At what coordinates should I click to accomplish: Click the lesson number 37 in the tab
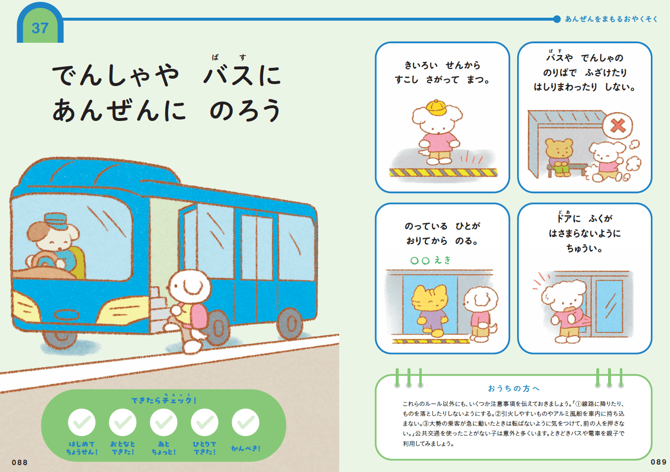[x=40, y=28]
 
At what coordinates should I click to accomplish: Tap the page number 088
[x=20, y=463]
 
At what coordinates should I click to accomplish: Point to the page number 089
[x=658, y=462]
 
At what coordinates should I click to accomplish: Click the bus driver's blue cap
[x=57, y=221]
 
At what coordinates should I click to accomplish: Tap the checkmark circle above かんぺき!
[x=246, y=422]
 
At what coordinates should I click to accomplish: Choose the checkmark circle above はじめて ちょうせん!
[x=82, y=422]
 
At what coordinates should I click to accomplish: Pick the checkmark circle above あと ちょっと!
[x=164, y=422]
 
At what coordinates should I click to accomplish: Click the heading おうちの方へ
[x=514, y=388]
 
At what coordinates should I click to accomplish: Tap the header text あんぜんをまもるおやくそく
[x=611, y=19]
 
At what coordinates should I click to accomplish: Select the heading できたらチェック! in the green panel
[x=164, y=399]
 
